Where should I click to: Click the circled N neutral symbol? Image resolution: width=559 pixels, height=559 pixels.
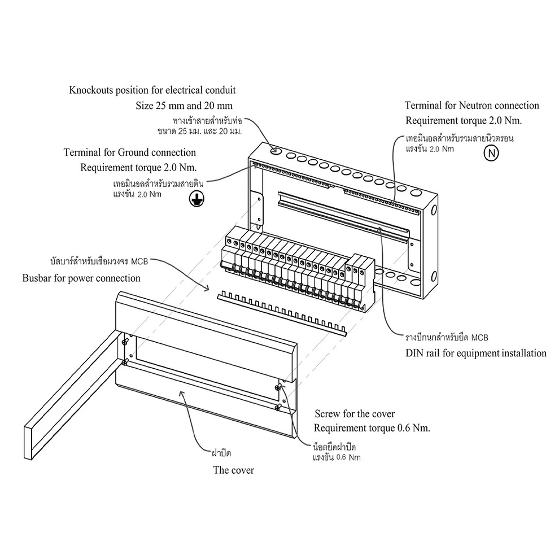pyautogui.click(x=491, y=153)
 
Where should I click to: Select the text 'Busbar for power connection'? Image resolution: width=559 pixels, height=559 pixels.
pyautogui.click(x=81, y=278)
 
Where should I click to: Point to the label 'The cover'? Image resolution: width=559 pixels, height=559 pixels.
pyautogui.click(x=234, y=470)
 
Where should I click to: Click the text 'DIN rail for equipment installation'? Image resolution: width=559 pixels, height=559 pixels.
pyautogui.click(x=476, y=353)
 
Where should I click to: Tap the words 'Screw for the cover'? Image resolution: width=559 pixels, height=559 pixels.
pyautogui.click(x=355, y=414)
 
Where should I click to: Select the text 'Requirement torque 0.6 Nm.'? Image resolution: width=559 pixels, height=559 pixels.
pyautogui.click(x=372, y=428)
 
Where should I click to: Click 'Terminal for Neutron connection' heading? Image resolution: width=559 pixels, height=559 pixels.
pyautogui.click(x=472, y=106)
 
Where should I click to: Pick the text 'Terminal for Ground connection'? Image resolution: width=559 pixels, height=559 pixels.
pyautogui.click(x=130, y=152)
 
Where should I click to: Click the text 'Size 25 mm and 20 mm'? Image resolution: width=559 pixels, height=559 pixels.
pyautogui.click(x=184, y=106)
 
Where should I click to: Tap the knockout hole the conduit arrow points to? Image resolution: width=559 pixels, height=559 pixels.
pyautogui.click(x=276, y=150)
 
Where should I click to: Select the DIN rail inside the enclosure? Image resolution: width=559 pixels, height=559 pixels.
pyautogui.click(x=343, y=216)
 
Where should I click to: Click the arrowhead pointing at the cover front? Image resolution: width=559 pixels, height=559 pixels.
pyautogui.click(x=182, y=394)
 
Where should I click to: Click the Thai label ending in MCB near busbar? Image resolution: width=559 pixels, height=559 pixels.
pyautogui.click(x=99, y=261)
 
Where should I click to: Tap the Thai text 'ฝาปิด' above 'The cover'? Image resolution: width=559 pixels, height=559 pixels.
pyautogui.click(x=221, y=453)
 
